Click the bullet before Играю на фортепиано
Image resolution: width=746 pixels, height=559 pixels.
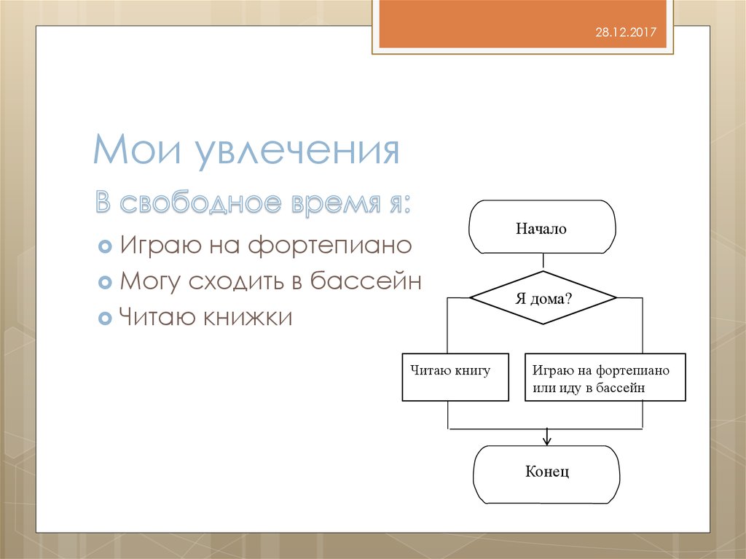(x=104, y=245)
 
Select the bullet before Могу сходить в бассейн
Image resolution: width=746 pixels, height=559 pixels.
(x=104, y=281)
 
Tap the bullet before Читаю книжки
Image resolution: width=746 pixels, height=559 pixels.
(x=104, y=318)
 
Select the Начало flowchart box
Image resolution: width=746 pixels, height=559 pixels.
(x=542, y=228)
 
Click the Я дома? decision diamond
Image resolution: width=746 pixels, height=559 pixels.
(x=543, y=298)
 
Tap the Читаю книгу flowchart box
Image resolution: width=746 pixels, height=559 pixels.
(x=455, y=377)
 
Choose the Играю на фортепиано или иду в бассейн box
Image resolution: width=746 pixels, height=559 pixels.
(x=605, y=378)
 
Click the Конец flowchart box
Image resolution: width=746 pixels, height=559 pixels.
(x=546, y=473)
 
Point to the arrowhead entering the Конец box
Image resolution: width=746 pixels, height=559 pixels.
(x=546, y=439)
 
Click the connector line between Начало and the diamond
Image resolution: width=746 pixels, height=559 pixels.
(x=543, y=262)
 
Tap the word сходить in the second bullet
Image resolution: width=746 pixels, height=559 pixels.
(x=234, y=281)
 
